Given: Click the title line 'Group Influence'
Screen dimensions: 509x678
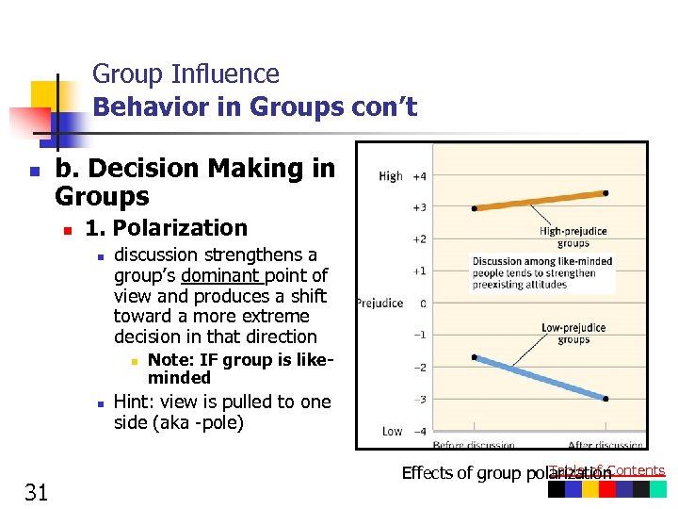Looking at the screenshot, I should click(x=186, y=74).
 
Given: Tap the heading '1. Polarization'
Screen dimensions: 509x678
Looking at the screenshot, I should click(x=166, y=228).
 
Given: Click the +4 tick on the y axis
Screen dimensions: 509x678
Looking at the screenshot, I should click(x=418, y=175).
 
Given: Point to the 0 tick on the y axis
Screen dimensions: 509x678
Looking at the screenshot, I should click(x=422, y=303).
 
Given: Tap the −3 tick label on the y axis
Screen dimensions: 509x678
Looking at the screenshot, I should click(x=419, y=399).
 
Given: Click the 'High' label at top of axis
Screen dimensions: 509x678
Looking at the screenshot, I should click(x=390, y=175).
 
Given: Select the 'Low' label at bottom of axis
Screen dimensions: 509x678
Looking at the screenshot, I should click(x=392, y=431).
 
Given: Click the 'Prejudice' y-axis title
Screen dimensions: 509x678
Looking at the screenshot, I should click(x=379, y=303).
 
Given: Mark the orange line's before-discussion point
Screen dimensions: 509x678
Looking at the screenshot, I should click(x=475, y=208).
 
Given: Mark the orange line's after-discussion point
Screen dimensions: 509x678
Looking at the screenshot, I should click(x=605, y=192).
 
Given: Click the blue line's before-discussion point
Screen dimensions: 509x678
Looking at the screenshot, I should click(x=475, y=357).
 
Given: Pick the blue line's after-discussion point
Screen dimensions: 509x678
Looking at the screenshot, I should click(x=605, y=399).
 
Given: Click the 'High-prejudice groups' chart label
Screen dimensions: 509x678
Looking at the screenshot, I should click(x=573, y=236).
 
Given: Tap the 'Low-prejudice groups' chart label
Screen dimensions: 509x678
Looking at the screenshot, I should click(x=573, y=333).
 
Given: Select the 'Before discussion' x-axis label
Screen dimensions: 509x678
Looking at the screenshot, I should click(x=474, y=444).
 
